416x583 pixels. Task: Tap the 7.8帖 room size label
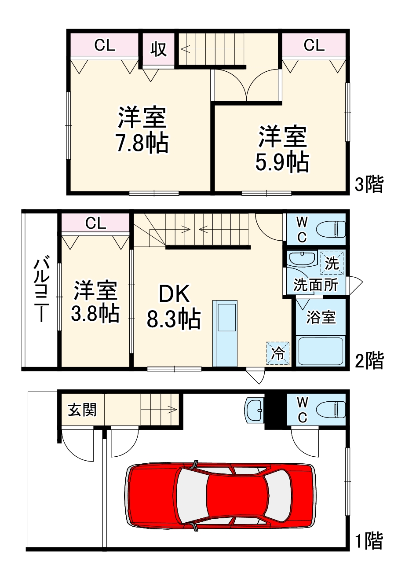[142, 143]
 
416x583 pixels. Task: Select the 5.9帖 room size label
[282, 162]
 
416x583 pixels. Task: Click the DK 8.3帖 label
[174, 307]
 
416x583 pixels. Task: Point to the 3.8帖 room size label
[95, 313]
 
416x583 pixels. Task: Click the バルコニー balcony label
[41, 289]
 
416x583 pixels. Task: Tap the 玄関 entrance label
[82, 410]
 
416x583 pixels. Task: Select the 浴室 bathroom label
[321, 317]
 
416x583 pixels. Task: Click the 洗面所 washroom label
[315, 285]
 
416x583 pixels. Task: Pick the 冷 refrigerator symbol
[278, 353]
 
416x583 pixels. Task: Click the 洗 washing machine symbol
[332, 263]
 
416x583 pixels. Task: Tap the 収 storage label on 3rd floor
[159, 49]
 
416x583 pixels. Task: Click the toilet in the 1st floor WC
[332, 410]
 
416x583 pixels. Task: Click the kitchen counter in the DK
[225, 333]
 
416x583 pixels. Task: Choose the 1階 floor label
[369, 540]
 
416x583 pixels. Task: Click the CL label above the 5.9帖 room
[314, 45]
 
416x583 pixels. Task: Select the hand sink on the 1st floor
[254, 410]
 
